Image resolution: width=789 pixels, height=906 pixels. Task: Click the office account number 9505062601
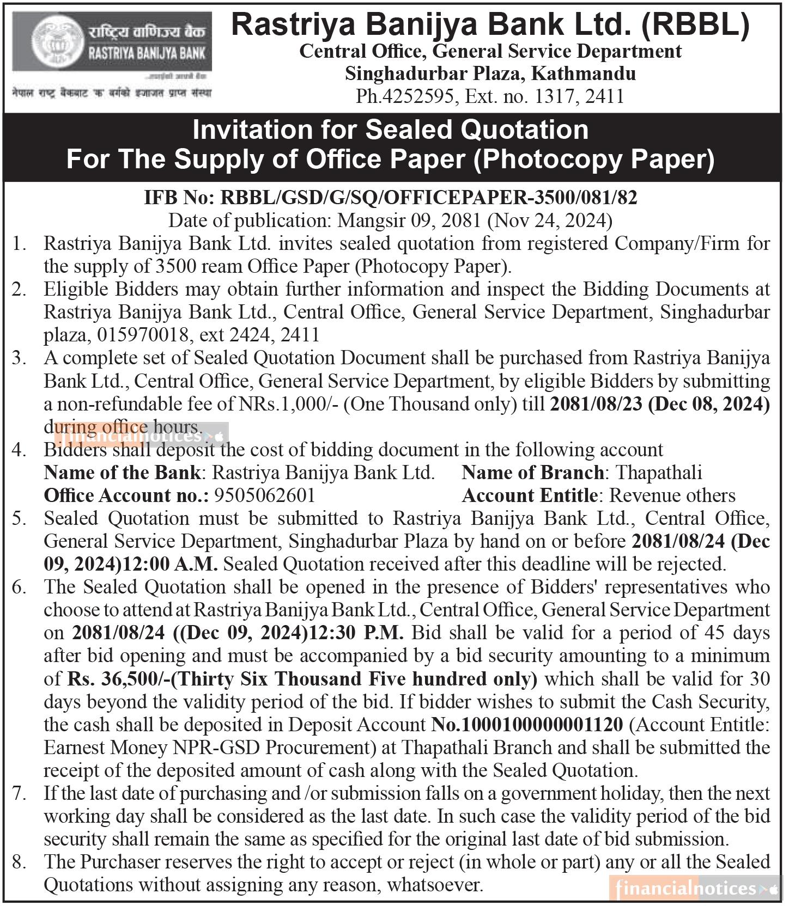(x=265, y=495)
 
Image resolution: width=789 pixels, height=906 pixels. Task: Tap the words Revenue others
(x=672, y=495)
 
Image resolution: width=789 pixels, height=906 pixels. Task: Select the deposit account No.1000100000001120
(x=527, y=725)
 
